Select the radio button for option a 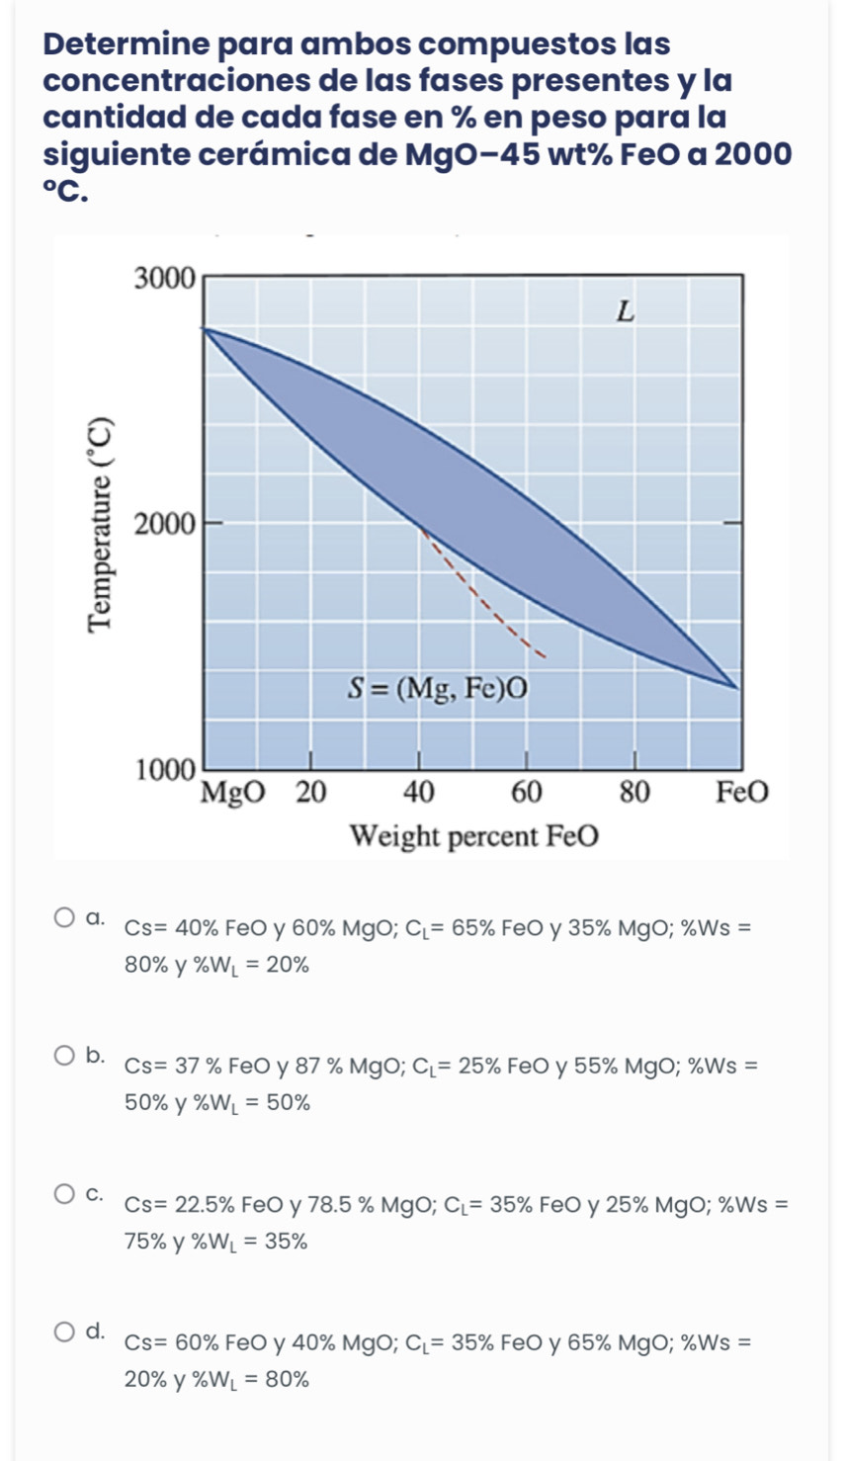click(x=64, y=918)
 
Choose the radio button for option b click(x=64, y=1056)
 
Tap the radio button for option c click(x=64, y=1194)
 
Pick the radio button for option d click(x=64, y=1332)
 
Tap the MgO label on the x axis click(x=233, y=793)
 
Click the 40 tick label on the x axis click(x=418, y=793)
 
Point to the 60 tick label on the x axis click(x=526, y=793)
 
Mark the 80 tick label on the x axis click(x=634, y=793)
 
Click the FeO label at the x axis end click(x=741, y=793)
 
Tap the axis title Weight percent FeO click(x=474, y=837)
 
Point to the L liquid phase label click(x=624, y=313)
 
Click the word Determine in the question click(x=127, y=44)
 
